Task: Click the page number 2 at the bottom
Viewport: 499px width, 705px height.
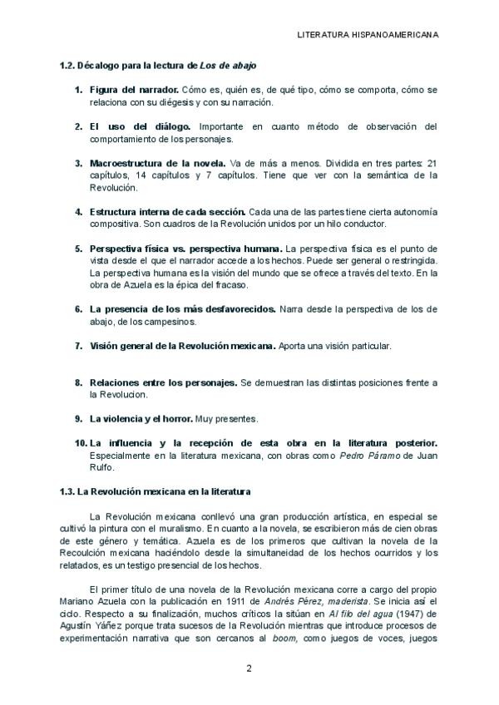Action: pyautogui.click(x=249, y=668)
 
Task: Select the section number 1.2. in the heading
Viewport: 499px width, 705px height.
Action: pyautogui.click(x=67, y=65)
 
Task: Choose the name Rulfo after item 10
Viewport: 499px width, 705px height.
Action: pyautogui.click(x=101, y=467)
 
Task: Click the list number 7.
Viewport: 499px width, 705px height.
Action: pyautogui.click(x=78, y=345)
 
